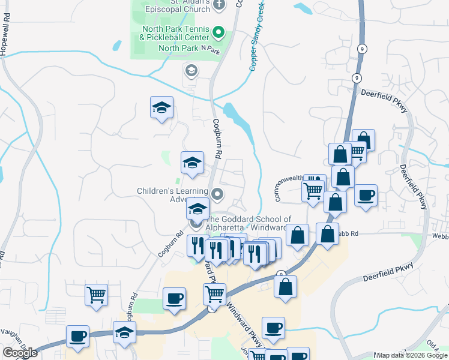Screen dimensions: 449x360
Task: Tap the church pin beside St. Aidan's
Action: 218,5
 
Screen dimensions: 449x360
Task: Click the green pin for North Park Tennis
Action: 218,31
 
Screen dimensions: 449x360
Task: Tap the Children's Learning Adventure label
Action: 172,195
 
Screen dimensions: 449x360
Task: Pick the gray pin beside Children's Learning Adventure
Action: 218,194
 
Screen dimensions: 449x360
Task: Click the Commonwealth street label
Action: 288,187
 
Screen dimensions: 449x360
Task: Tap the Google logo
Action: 20,353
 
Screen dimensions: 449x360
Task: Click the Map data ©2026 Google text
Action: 412,355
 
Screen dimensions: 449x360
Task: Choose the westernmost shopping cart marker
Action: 96,295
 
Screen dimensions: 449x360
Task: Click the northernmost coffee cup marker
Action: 365,195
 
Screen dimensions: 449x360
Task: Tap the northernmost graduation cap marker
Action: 161,107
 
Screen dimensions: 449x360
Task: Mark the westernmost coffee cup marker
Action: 77,336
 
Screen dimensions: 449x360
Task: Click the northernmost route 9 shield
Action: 361,49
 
